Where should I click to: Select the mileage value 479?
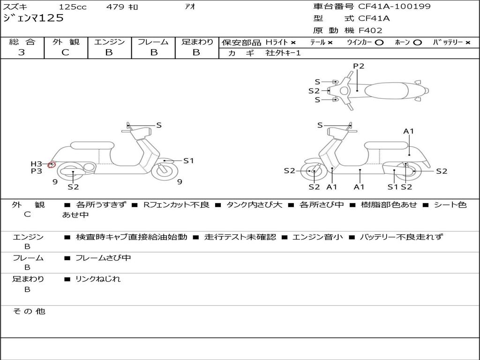coord(115,7)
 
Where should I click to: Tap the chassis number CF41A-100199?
coord(394,7)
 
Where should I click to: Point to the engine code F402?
coord(370,30)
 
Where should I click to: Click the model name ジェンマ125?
coord(33,19)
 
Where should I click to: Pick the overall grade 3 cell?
coord(22,52)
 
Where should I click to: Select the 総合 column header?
coord(22,42)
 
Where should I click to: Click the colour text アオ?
coord(190,7)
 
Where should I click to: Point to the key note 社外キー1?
coord(283,53)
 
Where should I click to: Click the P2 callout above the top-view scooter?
coord(359,66)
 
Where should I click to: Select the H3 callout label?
coord(37,164)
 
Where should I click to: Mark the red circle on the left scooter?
coord(52,165)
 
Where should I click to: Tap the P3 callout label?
coord(37,171)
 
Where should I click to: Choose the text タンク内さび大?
coord(254,205)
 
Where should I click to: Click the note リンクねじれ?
coord(97,279)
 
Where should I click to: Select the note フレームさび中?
coord(103,258)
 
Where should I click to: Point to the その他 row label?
coord(29,311)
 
